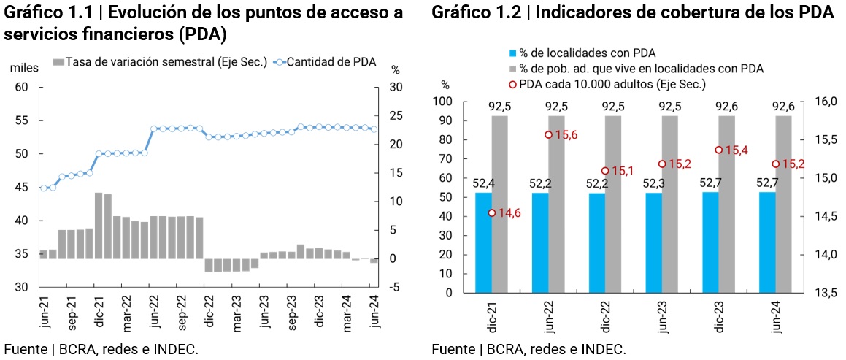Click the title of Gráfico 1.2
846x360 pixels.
632,12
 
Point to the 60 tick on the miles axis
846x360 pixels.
21,87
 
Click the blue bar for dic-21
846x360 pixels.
483,242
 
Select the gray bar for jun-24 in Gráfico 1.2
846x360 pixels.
783,204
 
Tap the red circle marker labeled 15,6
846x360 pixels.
547,134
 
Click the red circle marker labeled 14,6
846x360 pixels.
491,213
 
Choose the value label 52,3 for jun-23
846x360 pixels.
653,183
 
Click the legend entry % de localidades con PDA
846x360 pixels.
581,53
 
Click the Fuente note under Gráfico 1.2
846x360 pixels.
528,349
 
